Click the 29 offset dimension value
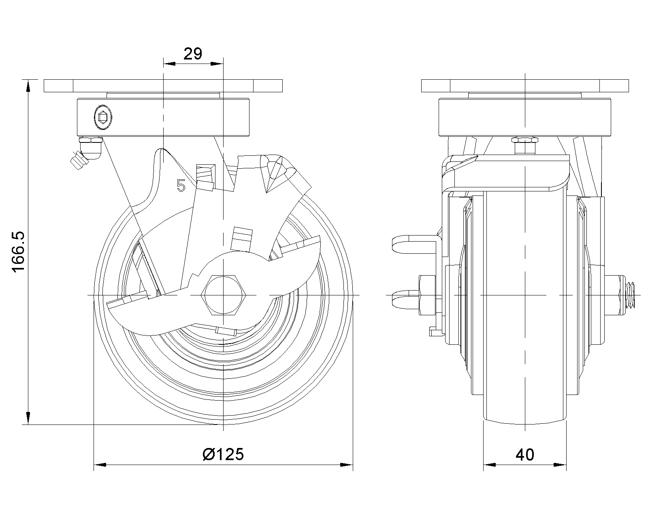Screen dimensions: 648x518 (x=193, y=54)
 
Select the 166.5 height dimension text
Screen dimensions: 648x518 (x=19, y=252)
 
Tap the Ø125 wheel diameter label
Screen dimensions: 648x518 (x=223, y=454)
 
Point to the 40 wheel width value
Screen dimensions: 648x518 (x=525, y=454)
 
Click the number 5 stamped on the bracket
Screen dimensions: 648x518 (x=181, y=185)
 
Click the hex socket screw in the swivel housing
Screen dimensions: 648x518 (x=103, y=117)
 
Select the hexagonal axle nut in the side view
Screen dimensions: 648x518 (x=224, y=295)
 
